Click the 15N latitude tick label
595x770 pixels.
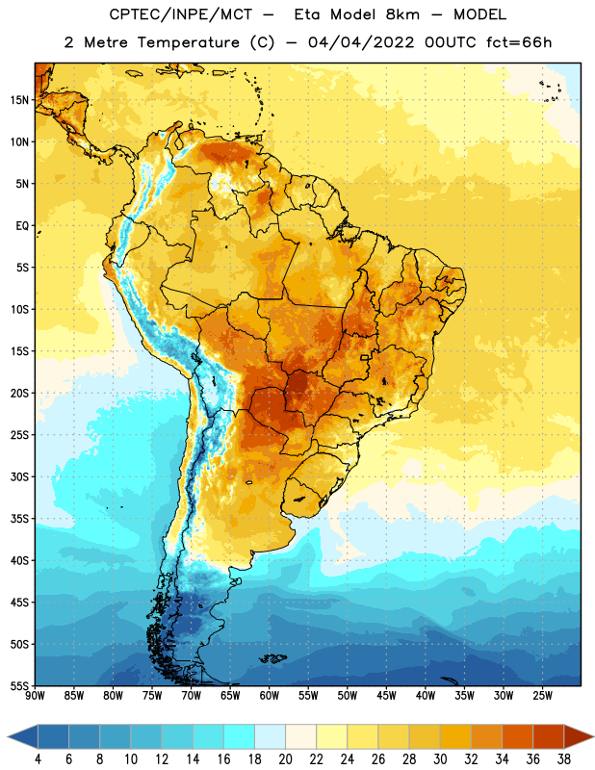(x=19, y=100)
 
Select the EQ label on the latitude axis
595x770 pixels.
(x=22, y=226)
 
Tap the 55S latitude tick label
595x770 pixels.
(x=19, y=685)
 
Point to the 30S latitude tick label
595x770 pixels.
(x=19, y=476)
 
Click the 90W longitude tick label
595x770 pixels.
(x=35, y=696)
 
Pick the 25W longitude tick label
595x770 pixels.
(x=542, y=696)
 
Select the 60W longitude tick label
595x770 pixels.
(x=270, y=696)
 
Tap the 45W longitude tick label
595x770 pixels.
(x=387, y=696)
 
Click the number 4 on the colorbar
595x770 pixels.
(x=38, y=759)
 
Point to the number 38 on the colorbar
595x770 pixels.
(x=564, y=759)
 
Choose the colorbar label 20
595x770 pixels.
(x=285, y=759)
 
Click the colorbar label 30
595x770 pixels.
(x=440, y=759)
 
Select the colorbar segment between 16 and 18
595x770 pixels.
(x=240, y=737)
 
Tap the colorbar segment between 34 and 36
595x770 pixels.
(x=517, y=737)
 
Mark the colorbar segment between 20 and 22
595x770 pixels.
(x=301, y=737)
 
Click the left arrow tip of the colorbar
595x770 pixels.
(x=8, y=737)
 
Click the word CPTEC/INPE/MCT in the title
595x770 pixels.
(x=181, y=14)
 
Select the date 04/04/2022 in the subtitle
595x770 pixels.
(x=361, y=42)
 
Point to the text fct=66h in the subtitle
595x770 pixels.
(x=519, y=42)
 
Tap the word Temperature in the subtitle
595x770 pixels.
(x=189, y=43)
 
